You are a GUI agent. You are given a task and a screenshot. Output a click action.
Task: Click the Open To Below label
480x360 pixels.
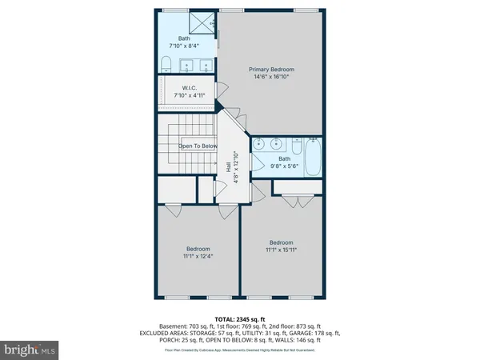click(197, 146)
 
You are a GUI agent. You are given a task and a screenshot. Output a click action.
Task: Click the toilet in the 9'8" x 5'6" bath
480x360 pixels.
click(294, 146)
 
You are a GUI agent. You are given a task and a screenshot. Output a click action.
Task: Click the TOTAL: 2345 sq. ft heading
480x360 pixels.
click(240, 318)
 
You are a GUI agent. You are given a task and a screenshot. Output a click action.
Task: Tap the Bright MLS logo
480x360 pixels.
click(30, 350)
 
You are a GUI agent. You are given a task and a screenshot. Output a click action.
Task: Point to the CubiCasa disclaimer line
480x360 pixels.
click(240, 350)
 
